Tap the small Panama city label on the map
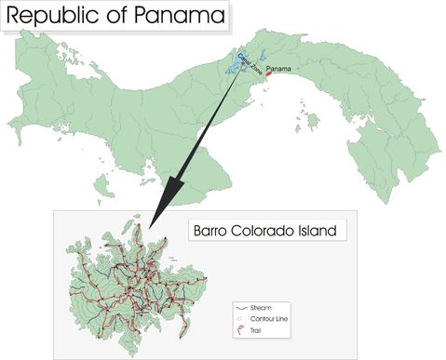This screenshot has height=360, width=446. tap(279, 70)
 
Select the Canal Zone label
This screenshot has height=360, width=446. tap(249, 64)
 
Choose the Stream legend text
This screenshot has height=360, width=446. tap(261, 307)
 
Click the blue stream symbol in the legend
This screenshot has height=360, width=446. tap(241, 307)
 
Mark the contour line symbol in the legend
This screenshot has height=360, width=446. tap(241, 318)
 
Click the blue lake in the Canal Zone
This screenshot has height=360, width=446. tap(234, 67)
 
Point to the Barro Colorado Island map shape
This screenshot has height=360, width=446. tap(121, 288)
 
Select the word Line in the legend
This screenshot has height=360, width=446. tap(284, 318)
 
